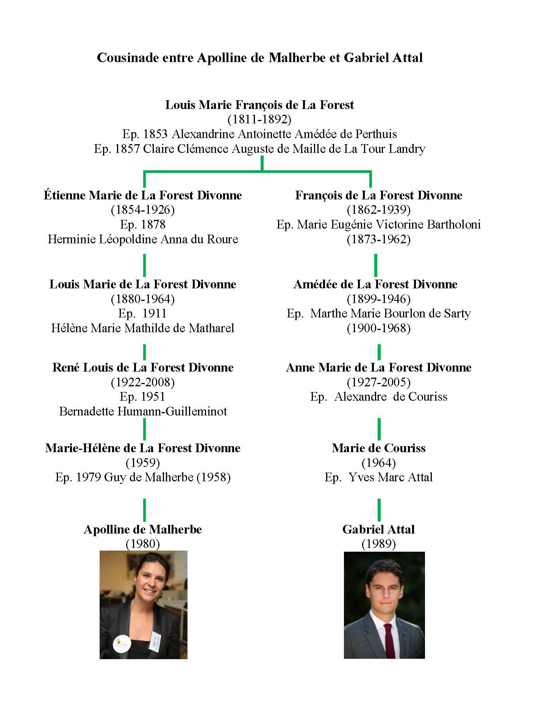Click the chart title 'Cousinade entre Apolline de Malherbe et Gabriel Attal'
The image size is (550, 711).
[260, 58]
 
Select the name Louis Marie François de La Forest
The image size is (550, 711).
[259, 105]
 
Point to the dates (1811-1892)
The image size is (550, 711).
[259, 120]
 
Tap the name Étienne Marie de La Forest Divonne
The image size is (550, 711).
[143, 195]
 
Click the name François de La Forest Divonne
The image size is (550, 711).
[379, 195]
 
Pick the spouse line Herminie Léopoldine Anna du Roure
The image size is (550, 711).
[143, 239]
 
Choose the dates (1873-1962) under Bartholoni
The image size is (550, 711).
[379, 239]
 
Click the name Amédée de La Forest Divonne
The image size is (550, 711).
[375, 284]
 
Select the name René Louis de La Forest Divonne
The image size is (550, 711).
[143, 367]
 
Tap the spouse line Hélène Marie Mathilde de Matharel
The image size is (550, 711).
[143, 328]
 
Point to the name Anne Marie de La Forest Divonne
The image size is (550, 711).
[379, 367]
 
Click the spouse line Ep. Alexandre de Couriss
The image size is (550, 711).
[379, 397]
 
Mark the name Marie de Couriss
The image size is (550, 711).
[379, 448]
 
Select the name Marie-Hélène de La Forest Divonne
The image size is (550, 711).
[143, 448]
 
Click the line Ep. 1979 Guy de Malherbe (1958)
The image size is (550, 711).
[143, 477]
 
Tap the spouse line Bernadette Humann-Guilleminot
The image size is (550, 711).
[143, 411]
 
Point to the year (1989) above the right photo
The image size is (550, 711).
[379, 544]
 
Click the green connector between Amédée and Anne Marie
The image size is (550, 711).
[379, 352]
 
